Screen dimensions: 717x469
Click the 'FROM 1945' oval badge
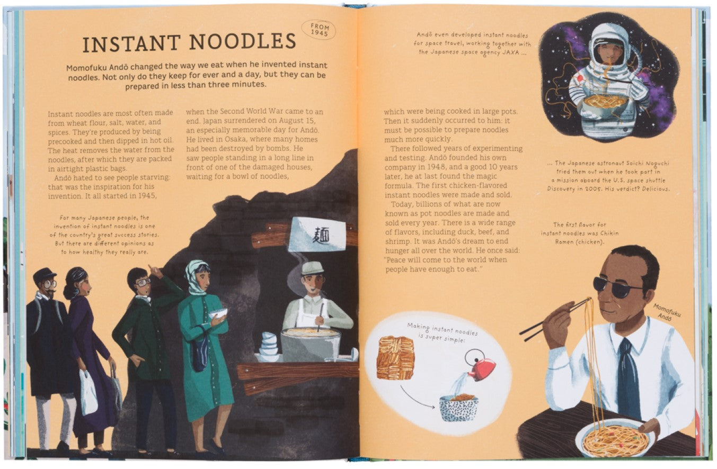318,30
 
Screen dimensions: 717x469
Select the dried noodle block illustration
396,357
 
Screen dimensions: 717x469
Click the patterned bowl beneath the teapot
458,409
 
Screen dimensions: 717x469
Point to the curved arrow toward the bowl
415,399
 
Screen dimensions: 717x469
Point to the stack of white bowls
268,346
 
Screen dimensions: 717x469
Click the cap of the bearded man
45,274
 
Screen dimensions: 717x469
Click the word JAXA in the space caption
510,52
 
